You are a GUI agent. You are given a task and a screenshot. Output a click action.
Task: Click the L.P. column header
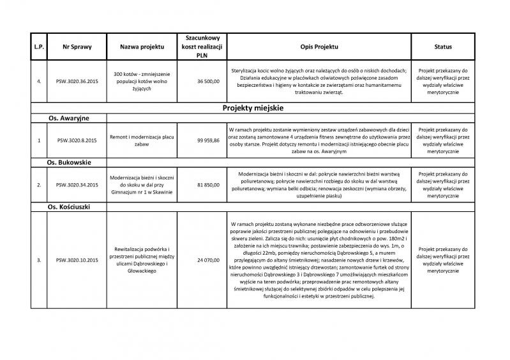[x=39, y=47]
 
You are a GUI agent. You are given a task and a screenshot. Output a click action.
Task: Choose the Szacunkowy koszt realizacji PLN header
[x=198, y=47]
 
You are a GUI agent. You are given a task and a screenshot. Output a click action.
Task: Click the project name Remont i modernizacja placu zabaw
[x=142, y=139]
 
